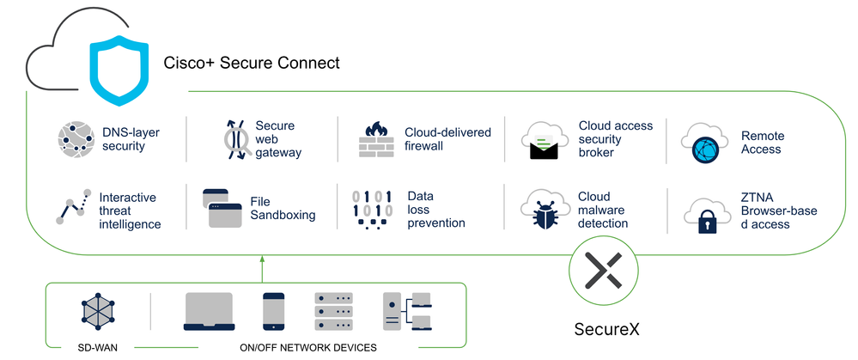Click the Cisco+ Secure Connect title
tap(252, 63)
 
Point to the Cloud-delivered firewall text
tap(447, 139)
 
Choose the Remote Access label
tap(762, 143)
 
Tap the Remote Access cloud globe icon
tap(703, 143)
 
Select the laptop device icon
tap(209, 312)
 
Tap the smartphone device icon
tap(273, 312)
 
